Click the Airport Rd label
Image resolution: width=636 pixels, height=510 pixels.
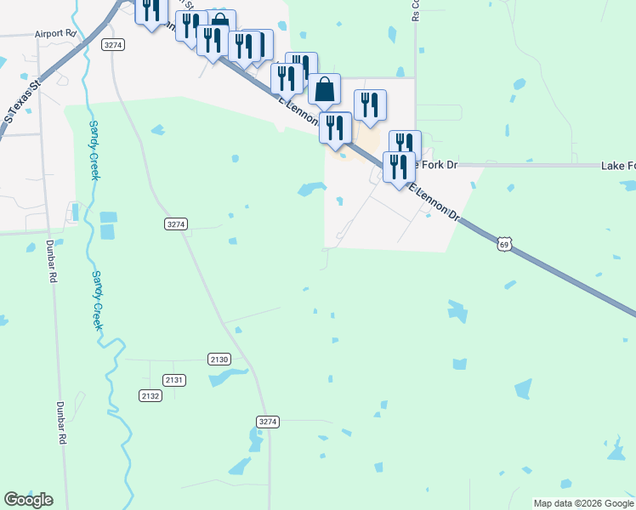coord(55,34)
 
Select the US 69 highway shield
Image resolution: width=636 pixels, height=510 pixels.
coord(505,245)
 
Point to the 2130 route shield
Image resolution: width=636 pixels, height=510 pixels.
coord(219,359)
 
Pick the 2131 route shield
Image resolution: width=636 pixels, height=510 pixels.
coord(175,380)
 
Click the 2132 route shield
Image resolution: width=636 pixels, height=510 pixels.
coord(150,396)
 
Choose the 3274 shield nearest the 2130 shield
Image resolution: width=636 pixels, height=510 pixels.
coord(267,422)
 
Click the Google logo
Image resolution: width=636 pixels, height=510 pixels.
coord(28,500)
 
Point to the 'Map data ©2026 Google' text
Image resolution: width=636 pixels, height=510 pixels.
coord(582,503)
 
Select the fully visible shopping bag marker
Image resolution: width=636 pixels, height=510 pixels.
coord(325,88)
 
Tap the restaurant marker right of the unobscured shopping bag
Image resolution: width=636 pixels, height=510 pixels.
coord(370,105)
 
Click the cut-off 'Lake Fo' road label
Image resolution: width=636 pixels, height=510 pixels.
coord(617,166)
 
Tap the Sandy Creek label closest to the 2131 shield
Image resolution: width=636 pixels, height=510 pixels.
coord(98,300)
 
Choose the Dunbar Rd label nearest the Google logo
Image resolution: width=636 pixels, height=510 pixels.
coord(61,422)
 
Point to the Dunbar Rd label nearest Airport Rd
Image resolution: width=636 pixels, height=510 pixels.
coord(52,261)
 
